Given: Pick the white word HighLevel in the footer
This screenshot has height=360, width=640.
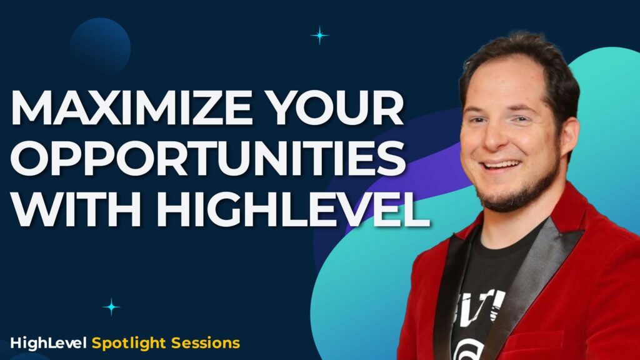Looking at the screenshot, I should click(49, 342).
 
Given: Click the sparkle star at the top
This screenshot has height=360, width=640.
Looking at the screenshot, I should click(319, 36).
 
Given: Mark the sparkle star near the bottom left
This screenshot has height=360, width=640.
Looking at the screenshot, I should click(112, 306).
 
